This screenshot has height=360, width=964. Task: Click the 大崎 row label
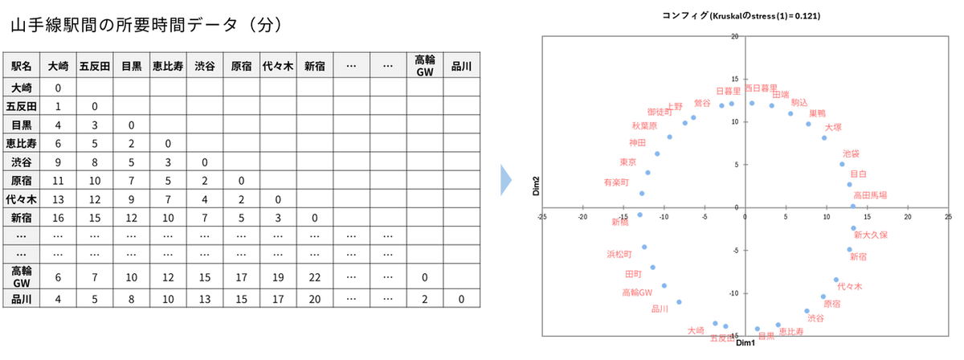(x=22, y=88)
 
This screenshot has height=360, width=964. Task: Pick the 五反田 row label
(x=22, y=106)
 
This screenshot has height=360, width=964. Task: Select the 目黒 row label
(x=22, y=125)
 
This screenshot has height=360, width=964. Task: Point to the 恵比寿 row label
(x=22, y=143)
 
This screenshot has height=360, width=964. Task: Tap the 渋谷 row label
(x=22, y=162)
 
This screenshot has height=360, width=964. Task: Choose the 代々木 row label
(x=22, y=199)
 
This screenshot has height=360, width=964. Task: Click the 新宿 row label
(x=22, y=218)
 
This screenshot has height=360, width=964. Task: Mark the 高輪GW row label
(x=22, y=277)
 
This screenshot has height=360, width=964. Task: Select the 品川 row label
(x=22, y=299)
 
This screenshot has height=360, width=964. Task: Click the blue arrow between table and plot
(x=506, y=180)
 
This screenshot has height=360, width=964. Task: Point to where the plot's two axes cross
(x=745, y=209)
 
